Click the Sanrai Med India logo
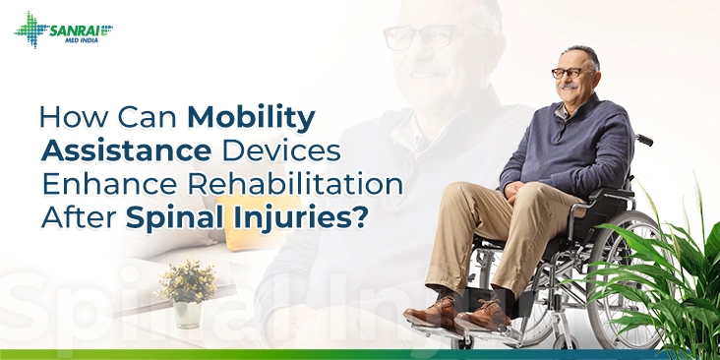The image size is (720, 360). point(63,30)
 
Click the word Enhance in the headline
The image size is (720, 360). point(105,184)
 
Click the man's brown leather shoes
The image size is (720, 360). point(462,316)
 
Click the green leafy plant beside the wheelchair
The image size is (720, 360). point(679,275)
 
